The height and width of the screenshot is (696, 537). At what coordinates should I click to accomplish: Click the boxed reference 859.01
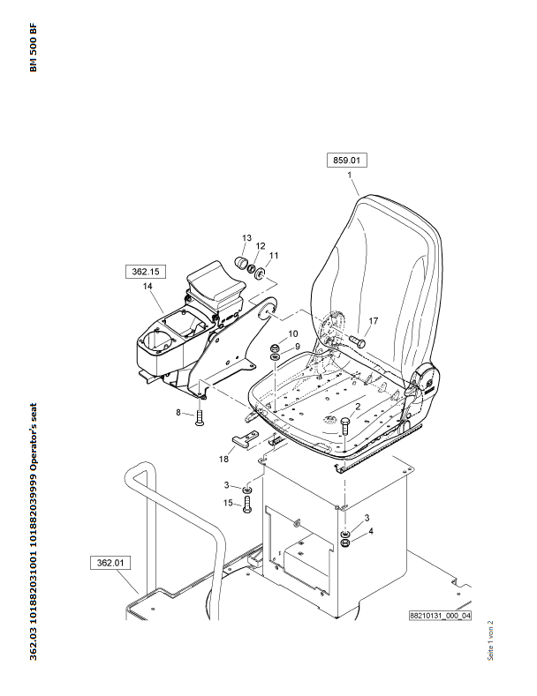pyautogui.click(x=347, y=161)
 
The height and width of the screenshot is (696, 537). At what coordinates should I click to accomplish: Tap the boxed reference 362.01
pyautogui.click(x=109, y=561)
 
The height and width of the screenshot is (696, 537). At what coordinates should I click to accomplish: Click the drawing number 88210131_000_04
pyautogui.click(x=440, y=616)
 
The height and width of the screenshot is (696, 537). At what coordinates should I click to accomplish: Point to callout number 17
pyautogui.click(x=374, y=321)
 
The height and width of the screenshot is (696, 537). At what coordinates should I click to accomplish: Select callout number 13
pyautogui.click(x=247, y=238)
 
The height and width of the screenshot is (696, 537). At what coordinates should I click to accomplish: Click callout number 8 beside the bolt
pyautogui.click(x=178, y=412)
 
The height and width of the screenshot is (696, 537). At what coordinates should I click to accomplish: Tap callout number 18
pyautogui.click(x=223, y=459)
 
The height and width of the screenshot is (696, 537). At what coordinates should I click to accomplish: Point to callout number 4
pyautogui.click(x=371, y=531)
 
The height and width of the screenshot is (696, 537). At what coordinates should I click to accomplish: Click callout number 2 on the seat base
pyautogui.click(x=358, y=408)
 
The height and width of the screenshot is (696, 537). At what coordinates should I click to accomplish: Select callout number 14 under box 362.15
pyautogui.click(x=147, y=287)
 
